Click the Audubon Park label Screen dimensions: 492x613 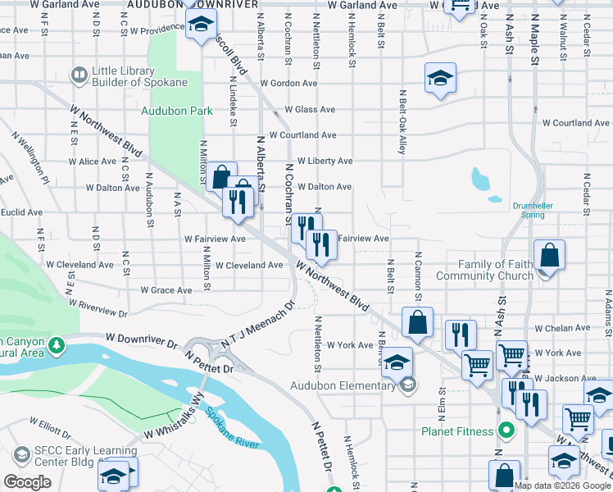[176, 111]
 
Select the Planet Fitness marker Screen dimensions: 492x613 [506, 430]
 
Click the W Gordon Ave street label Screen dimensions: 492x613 [288, 84]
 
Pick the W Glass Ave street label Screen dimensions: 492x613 [310, 110]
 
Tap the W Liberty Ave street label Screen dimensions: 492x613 [325, 162]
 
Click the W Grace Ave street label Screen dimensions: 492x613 [166, 290]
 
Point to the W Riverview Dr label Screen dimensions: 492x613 [98, 307]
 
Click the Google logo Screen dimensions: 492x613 [28, 482]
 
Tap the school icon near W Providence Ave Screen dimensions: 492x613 [199, 27]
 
